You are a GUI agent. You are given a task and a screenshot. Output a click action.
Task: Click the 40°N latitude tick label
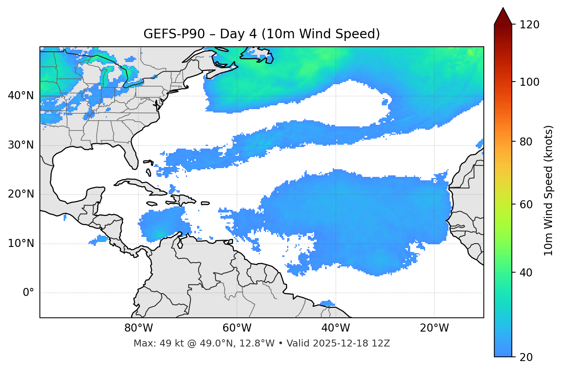[x=21, y=96]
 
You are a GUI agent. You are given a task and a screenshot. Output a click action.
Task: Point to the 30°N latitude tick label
[x=21, y=145]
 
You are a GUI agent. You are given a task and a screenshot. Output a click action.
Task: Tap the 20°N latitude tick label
[x=21, y=194]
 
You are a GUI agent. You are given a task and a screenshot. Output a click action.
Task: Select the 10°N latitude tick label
[x=21, y=244]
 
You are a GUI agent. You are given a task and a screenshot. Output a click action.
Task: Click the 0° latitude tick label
[x=28, y=293]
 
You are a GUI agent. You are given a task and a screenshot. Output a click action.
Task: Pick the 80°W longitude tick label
[x=138, y=328]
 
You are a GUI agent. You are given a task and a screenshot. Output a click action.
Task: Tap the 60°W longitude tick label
[x=237, y=328]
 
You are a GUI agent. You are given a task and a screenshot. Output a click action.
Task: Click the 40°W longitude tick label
[x=336, y=328]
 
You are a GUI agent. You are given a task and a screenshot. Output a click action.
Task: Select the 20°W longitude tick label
[x=434, y=328]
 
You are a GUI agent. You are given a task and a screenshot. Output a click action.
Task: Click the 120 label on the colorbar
[x=529, y=25]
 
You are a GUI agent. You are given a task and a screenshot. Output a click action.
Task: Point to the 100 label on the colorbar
[x=529, y=82]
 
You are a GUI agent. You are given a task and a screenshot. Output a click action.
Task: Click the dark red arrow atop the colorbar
[x=503, y=16]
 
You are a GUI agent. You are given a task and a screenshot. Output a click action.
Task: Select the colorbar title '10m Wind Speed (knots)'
[x=549, y=191]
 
